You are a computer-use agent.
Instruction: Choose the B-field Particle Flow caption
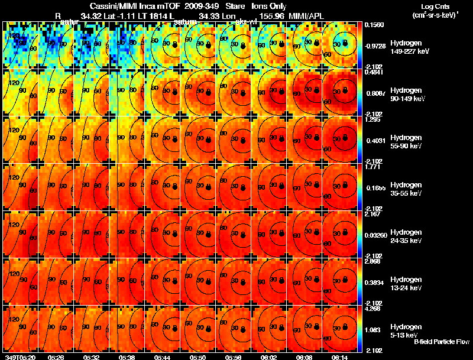tap(442, 342)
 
